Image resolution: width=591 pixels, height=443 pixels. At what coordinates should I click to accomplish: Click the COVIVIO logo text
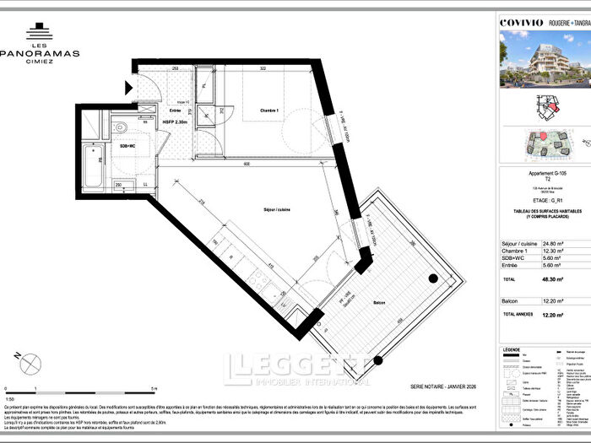518,11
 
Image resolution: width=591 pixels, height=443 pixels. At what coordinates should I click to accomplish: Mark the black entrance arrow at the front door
128,87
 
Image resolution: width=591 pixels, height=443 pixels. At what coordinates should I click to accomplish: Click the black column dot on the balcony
431,278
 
